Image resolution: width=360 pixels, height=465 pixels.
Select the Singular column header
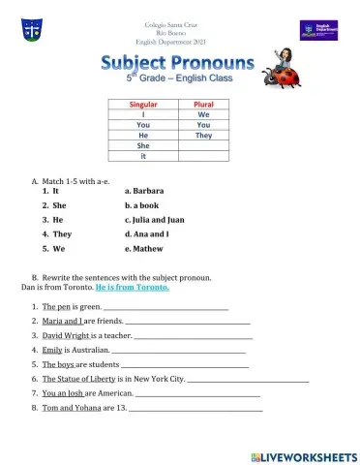coord(143,104)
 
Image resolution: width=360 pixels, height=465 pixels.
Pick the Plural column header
coord(203,104)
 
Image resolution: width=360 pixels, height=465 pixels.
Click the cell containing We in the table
coord(203,114)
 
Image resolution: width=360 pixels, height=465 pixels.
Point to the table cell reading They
coord(203,135)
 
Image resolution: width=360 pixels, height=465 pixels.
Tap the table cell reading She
coord(143,145)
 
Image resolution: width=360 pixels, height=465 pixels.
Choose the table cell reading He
coord(143,135)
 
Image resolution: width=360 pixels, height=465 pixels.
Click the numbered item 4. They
coord(56,234)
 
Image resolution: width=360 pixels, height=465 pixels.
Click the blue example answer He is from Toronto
coord(131,288)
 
